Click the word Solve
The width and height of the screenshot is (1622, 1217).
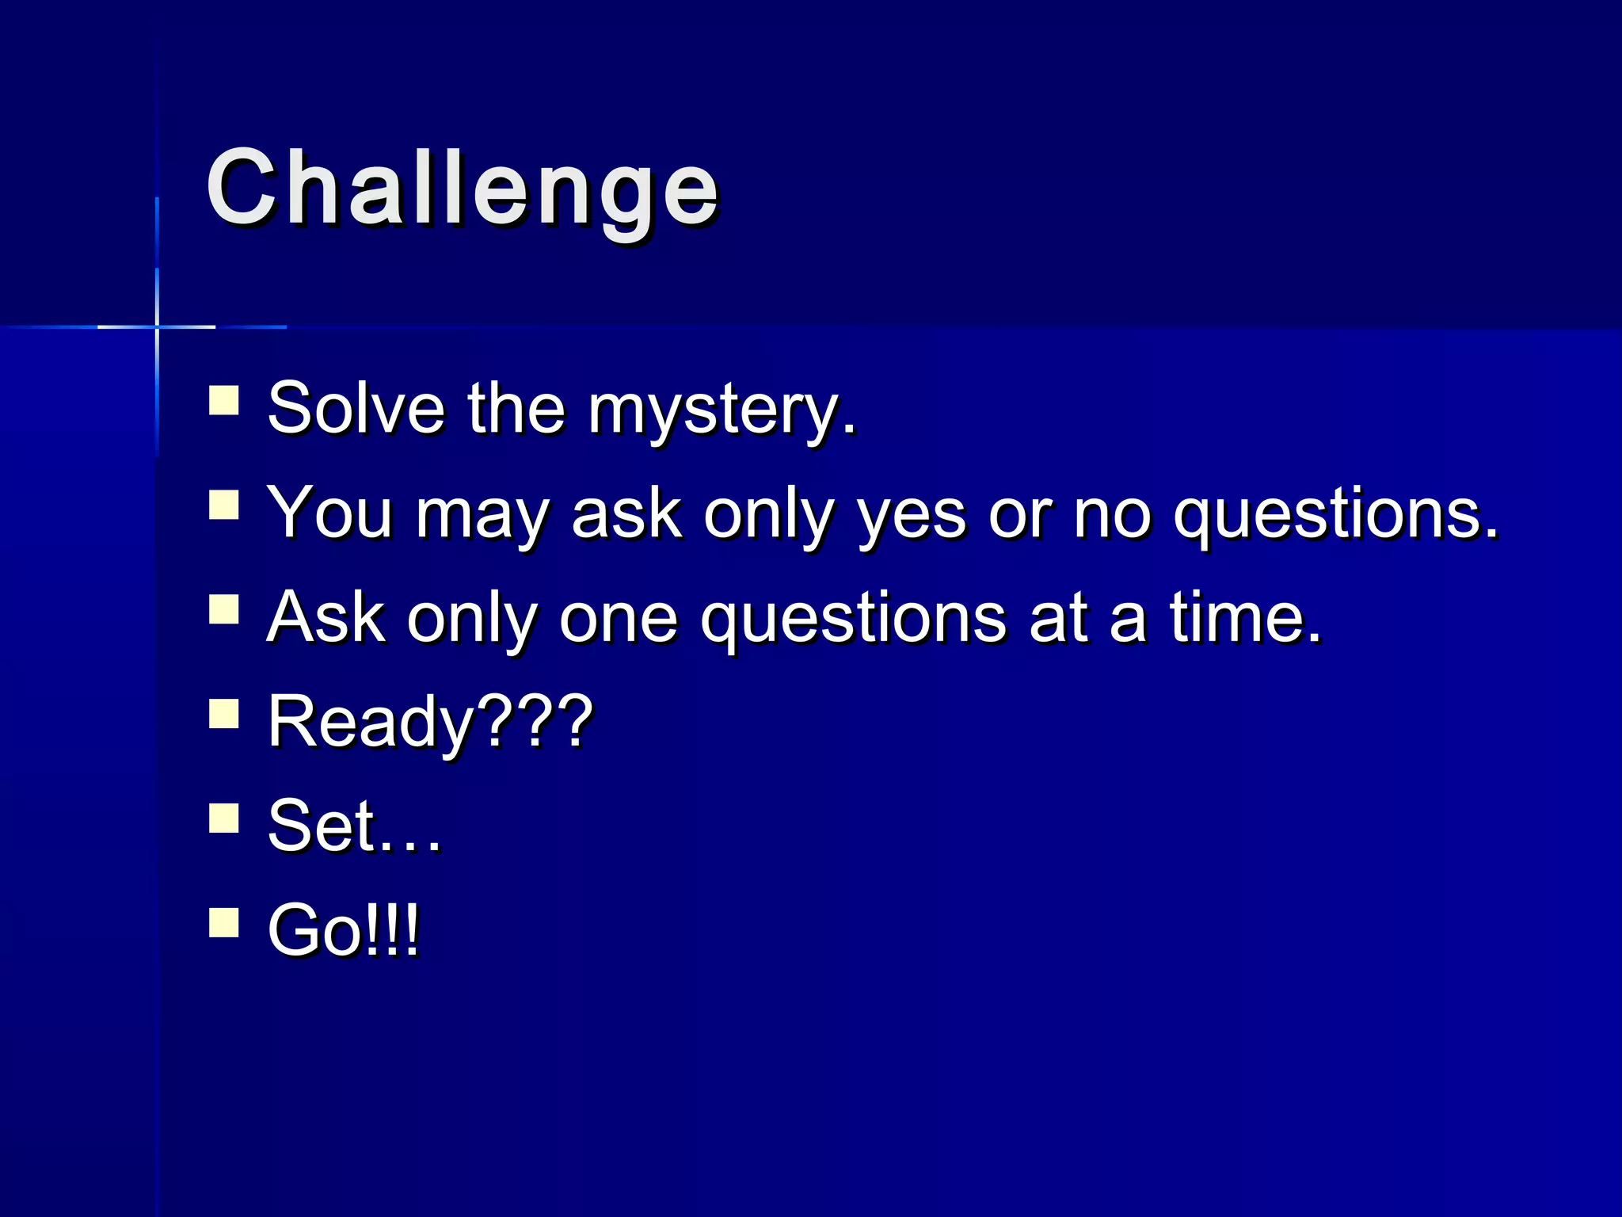(356, 408)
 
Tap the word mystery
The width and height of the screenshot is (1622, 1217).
(721, 410)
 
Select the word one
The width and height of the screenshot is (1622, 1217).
(619, 619)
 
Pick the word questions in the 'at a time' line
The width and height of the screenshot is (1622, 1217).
(854, 620)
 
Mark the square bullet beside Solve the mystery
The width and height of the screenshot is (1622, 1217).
(224, 400)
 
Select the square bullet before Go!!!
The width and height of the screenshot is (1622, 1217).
(224, 922)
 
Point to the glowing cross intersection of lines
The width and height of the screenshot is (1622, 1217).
(157, 326)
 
